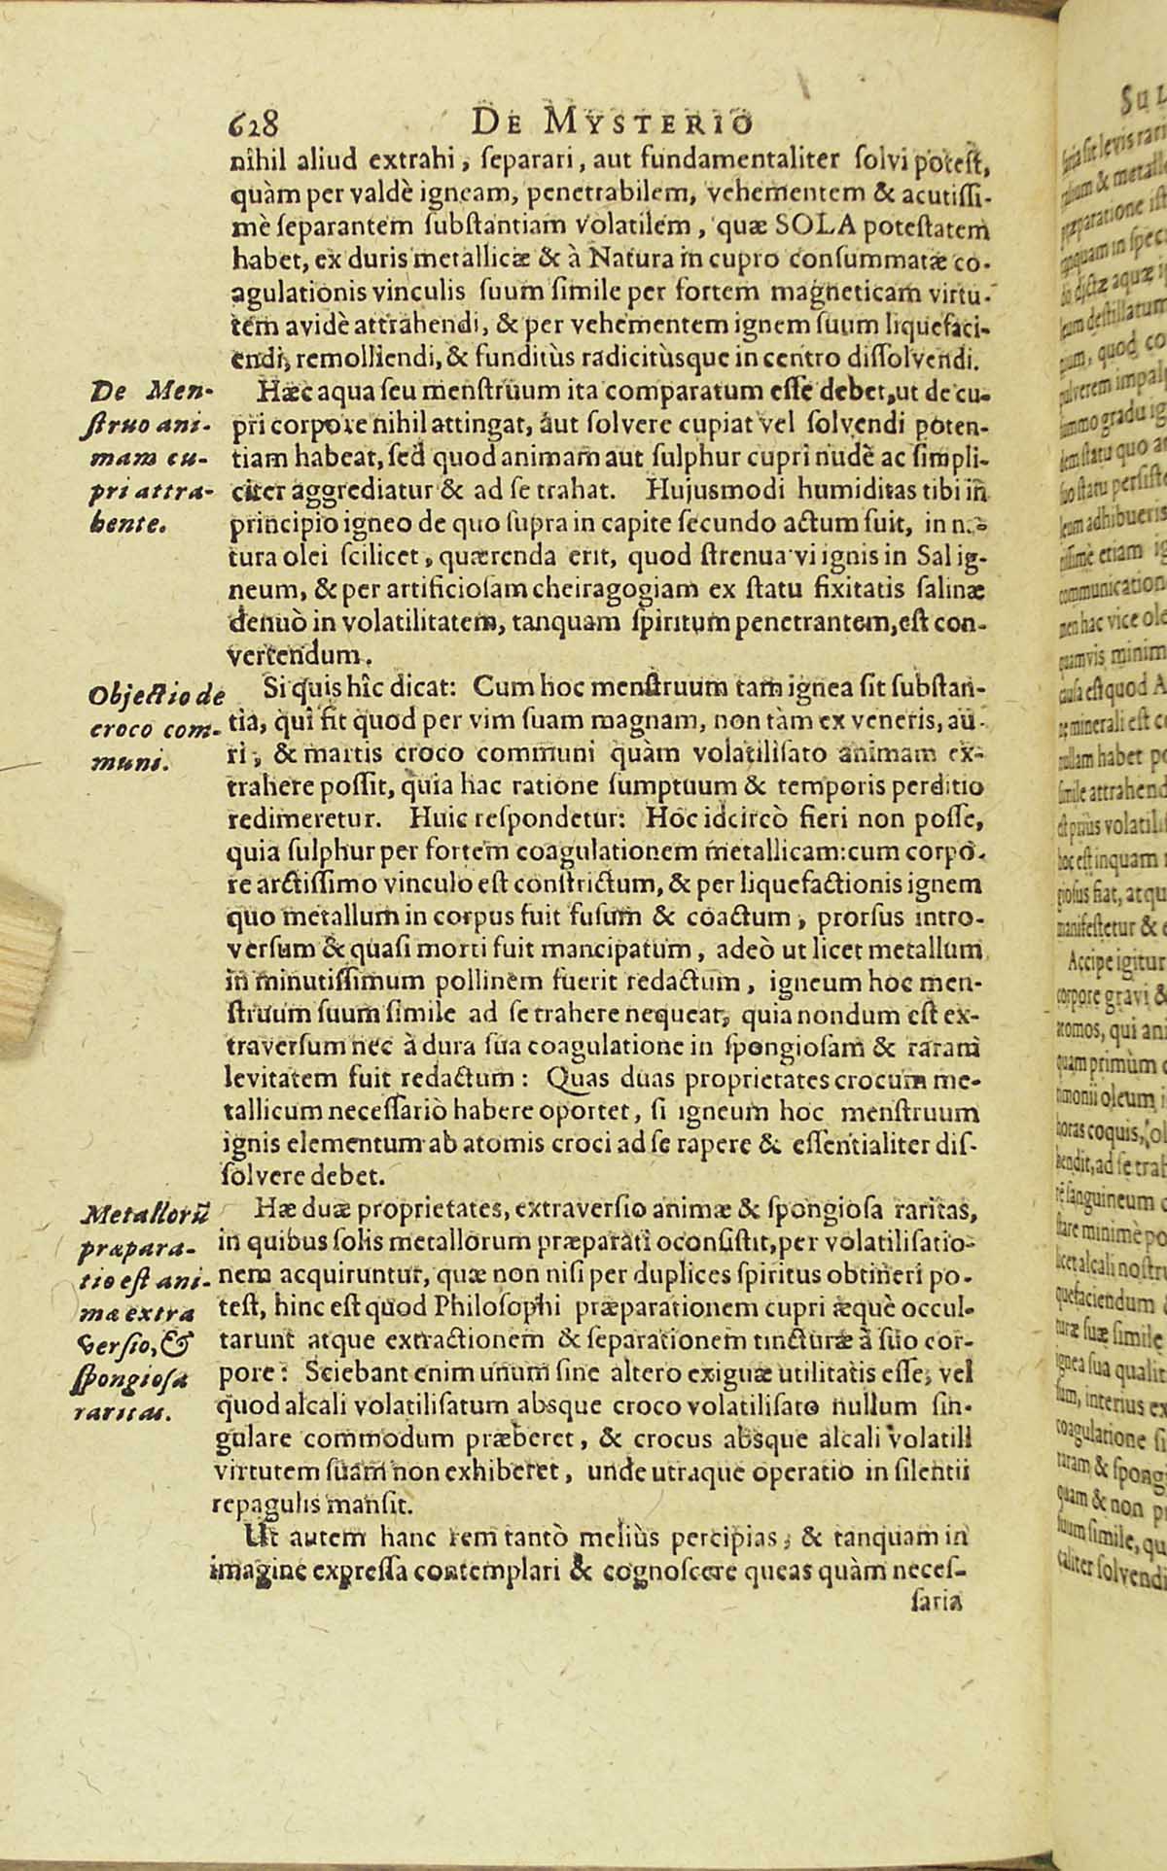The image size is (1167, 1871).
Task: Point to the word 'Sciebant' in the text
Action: (349, 1347)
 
